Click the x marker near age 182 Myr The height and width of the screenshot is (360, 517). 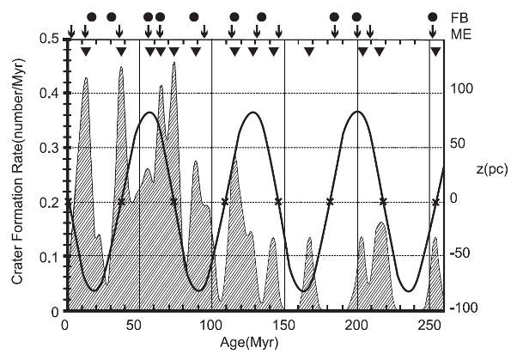click(x=330, y=202)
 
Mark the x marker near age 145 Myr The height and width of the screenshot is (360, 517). click(x=277, y=202)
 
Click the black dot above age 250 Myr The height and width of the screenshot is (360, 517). click(x=435, y=17)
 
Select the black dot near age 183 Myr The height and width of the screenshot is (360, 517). click(x=334, y=17)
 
